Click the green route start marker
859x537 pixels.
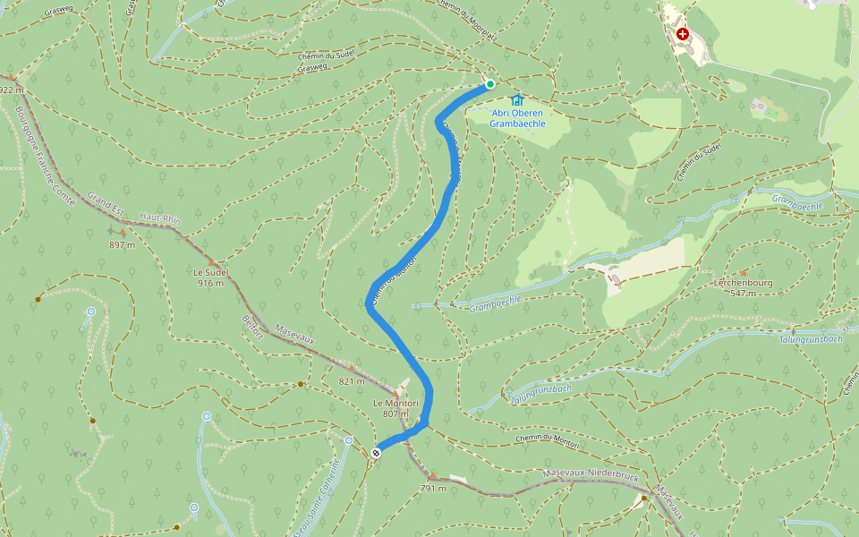tap(490, 84)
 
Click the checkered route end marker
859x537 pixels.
tap(377, 452)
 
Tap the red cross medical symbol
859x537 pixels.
tap(683, 34)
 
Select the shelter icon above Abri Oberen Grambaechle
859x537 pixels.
tap(517, 99)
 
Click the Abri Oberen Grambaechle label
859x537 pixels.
tap(517, 118)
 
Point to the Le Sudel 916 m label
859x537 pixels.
tap(211, 277)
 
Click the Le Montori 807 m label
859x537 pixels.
tap(395, 408)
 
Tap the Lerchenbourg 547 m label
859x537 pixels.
tap(743, 287)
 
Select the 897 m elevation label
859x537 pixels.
tap(122, 244)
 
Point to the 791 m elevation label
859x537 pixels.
tap(433, 488)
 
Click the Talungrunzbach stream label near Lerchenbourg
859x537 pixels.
tap(812, 339)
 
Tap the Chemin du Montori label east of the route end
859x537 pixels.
tap(548, 442)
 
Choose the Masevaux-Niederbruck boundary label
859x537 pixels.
tap(591, 476)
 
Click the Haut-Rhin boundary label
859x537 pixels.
tap(159, 220)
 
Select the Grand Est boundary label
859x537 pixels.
tap(106, 204)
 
